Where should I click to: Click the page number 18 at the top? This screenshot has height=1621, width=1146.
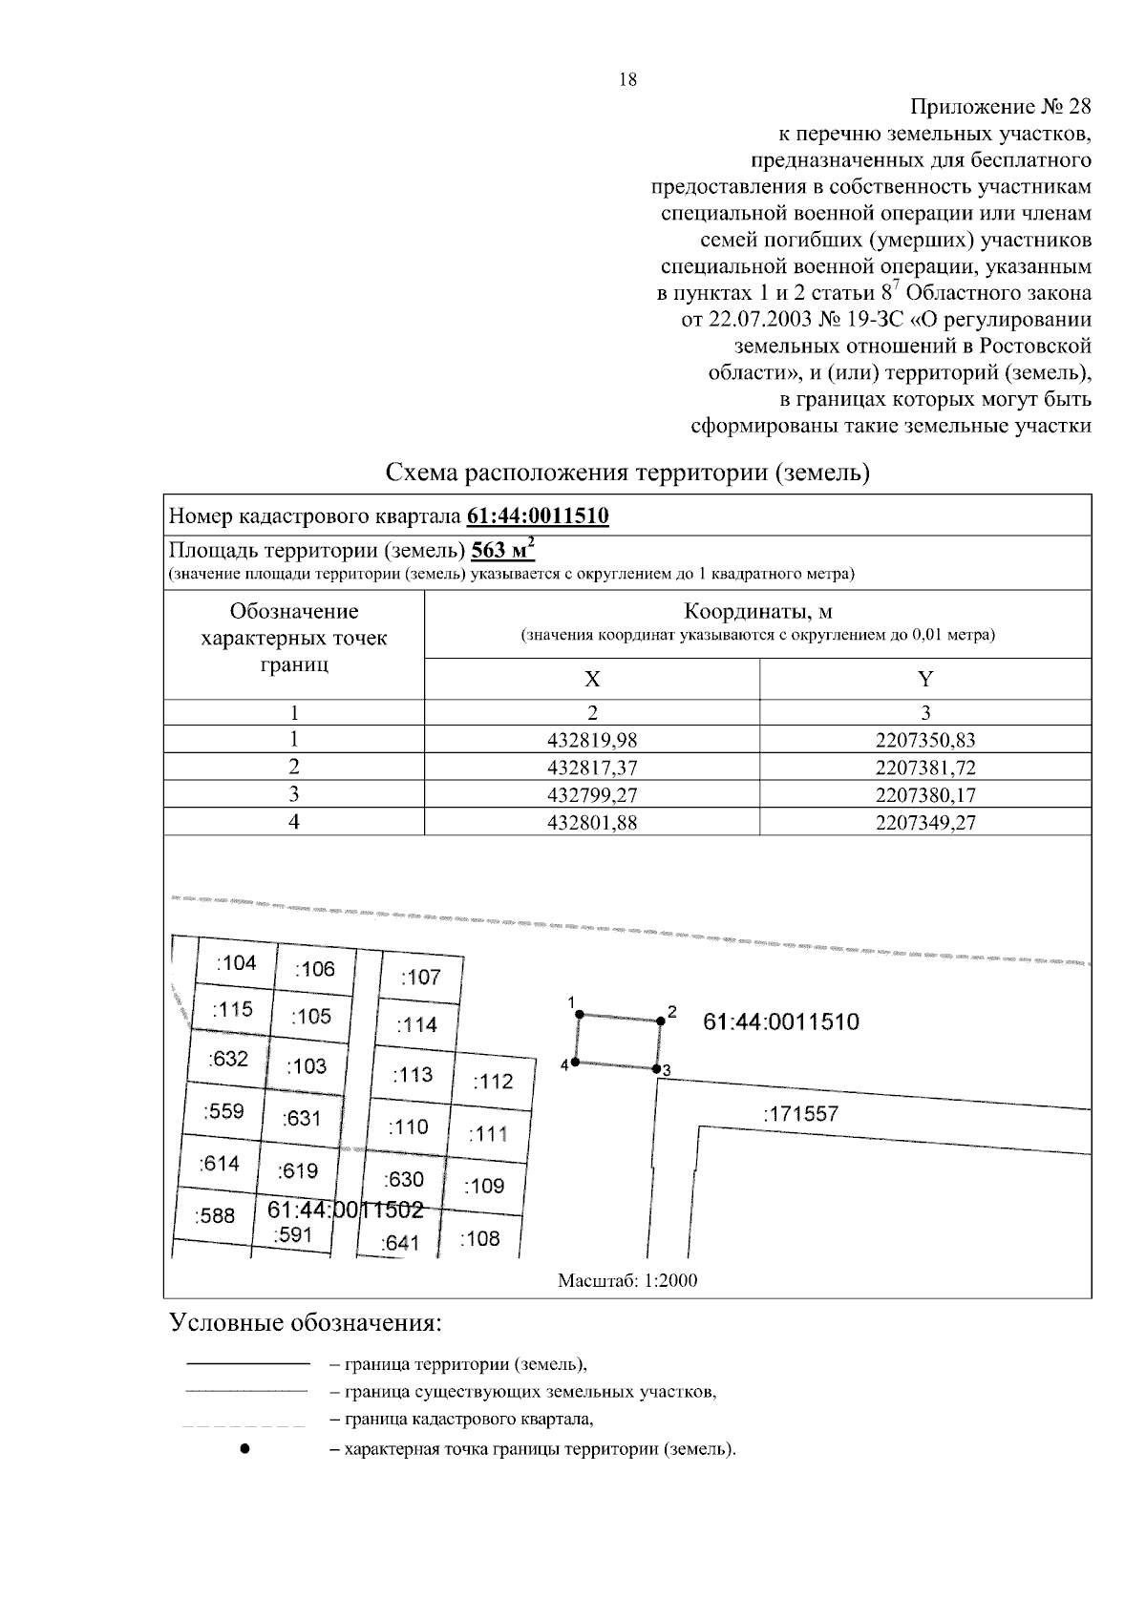(627, 80)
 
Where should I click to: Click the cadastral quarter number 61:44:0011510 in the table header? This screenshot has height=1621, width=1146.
(538, 517)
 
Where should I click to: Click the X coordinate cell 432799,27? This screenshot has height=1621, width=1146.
(592, 795)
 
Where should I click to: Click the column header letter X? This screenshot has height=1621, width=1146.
(592, 680)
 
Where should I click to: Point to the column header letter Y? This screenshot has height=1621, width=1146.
(924, 680)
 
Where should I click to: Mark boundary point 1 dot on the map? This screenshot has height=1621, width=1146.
(579, 1015)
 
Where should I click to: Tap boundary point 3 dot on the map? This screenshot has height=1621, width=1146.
(657, 1069)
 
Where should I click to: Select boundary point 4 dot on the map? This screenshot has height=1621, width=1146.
(576, 1063)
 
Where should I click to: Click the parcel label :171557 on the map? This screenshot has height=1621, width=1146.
(800, 1114)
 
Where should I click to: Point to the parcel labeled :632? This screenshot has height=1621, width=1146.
(228, 1059)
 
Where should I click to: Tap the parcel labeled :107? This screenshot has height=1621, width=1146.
(420, 978)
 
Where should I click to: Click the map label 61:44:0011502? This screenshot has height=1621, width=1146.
(345, 1210)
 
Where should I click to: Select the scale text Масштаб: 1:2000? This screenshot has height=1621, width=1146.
(627, 1281)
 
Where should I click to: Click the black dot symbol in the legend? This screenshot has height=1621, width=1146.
(245, 1449)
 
